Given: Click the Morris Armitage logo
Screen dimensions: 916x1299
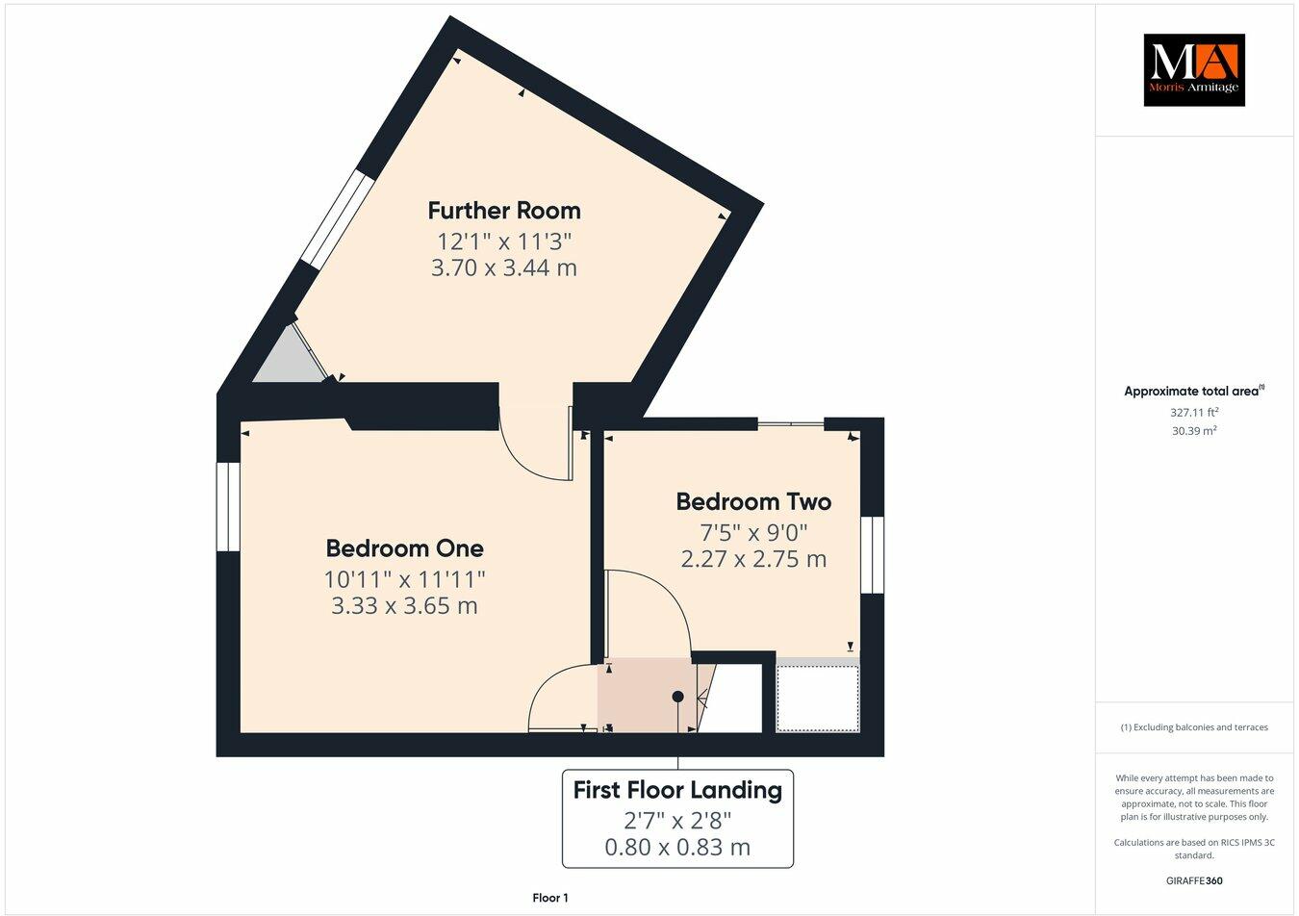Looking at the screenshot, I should click(x=1193, y=69).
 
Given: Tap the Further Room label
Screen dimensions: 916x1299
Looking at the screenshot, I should click(x=504, y=210).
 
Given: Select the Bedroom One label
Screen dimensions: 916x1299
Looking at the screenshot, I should click(x=404, y=548).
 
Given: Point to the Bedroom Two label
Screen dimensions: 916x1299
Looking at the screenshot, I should click(x=753, y=501).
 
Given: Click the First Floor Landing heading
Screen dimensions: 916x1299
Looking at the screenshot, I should click(x=677, y=790).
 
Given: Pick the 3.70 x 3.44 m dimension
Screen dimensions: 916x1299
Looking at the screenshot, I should click(x=504, y=267).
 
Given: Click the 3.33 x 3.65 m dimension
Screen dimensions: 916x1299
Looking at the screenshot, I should click(x=404, y=606).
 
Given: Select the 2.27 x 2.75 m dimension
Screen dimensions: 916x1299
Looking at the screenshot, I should click(x=753, y=559).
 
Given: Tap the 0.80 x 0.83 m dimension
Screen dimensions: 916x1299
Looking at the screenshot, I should click(x=677, y=848).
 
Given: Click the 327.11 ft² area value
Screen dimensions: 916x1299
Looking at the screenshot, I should click(x=1194, y=412).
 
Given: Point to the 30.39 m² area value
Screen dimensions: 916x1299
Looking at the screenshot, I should click(x=1194, y=431).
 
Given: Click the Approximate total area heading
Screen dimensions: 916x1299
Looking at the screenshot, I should click(x=1194, y=391).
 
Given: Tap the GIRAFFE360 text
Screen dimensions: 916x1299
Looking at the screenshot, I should click(x=1194, y=880).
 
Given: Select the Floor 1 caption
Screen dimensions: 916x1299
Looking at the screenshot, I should click(x=550, y=898).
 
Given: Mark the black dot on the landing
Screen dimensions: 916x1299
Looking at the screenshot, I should click(x=677, y=696).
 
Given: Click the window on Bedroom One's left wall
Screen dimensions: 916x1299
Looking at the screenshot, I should click(x=228, y=507).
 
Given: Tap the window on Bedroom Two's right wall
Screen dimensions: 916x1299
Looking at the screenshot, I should click(x=872, y=555).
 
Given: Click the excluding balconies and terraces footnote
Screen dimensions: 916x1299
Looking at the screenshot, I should click(x=1194, y=727).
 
